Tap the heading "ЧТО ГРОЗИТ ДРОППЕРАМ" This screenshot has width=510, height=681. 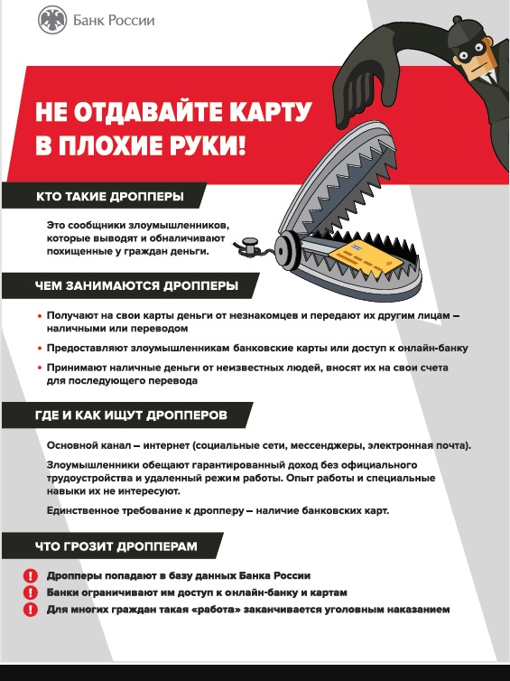click(115, 546)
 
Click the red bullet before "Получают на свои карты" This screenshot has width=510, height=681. click(39, 316)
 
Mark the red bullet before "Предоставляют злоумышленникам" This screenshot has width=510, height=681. click(39, 348)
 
